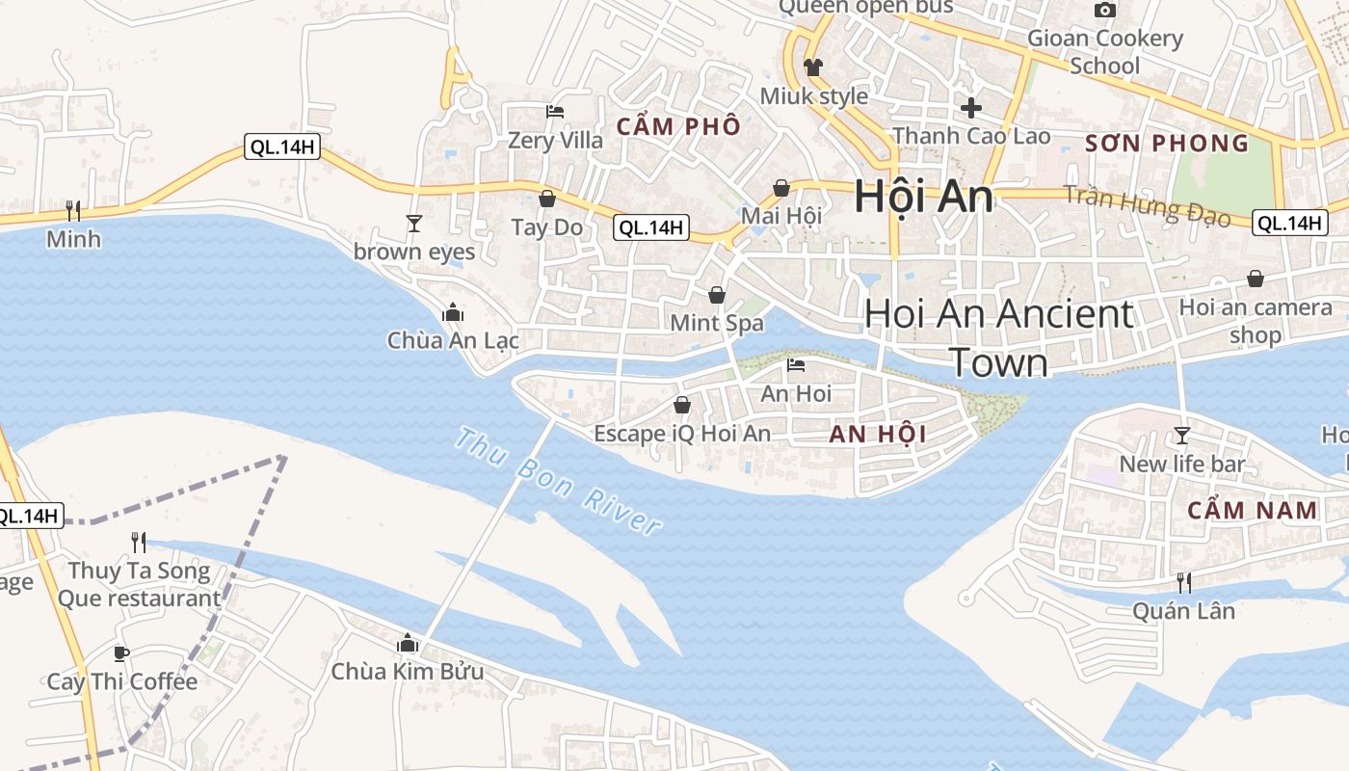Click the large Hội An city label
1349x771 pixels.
pos(923,197)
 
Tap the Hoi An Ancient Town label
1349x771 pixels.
pos(999,337)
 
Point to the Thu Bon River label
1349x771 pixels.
pos(558,482)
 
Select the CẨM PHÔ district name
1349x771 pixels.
pos(679,126)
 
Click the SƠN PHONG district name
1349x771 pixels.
pos(1167,144)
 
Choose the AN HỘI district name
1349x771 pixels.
pos(878,434)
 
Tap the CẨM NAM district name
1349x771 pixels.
pos(1253,510)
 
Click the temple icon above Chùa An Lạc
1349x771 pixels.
pos(453,312)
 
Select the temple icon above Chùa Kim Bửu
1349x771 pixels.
pos(408,642)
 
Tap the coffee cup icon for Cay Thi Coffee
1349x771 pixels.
pos(121,653)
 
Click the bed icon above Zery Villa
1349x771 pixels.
pos(555,112)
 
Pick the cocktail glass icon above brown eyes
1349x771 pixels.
pos(414,224)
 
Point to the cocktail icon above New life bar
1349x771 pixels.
pos(1182,435)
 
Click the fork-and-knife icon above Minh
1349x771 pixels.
pos(72,210)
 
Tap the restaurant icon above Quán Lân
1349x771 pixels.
pos(1183,582)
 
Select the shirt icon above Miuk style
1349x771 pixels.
pos(813,67)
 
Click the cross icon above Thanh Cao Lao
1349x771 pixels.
pos(971,107)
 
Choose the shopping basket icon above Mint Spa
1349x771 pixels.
pos(716,294)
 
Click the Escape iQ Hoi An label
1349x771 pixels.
pos(682,434)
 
